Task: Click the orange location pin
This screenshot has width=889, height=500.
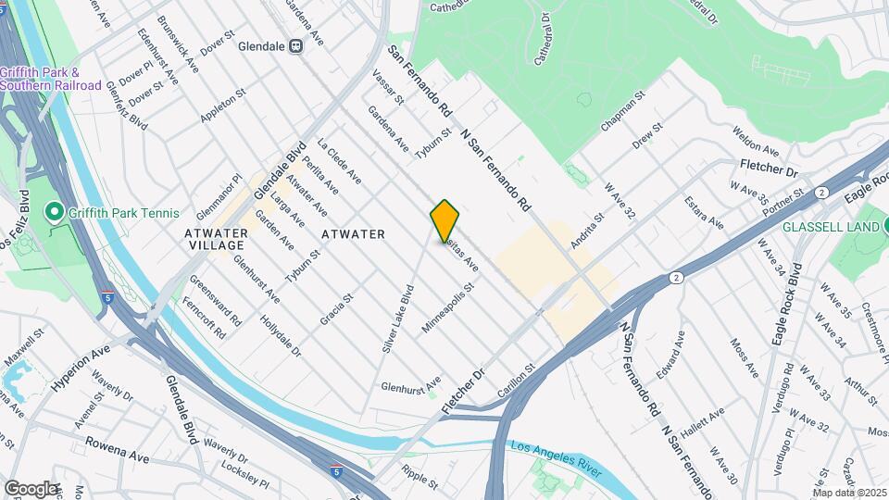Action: click(x=444, y=220)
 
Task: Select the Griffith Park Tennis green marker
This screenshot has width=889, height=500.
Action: click(x=55, y=213)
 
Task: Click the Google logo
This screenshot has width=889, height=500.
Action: click(x=31, y=488)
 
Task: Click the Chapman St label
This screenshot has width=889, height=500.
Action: click(x=621, y=111)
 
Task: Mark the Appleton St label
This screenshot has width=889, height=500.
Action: click(x=223, y=106)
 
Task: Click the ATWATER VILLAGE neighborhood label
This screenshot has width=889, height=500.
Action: click(x=216, y=240)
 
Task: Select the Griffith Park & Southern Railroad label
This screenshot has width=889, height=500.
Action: click(x=50, y=79)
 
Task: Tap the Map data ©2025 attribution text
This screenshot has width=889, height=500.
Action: click(x=849, y=492)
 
